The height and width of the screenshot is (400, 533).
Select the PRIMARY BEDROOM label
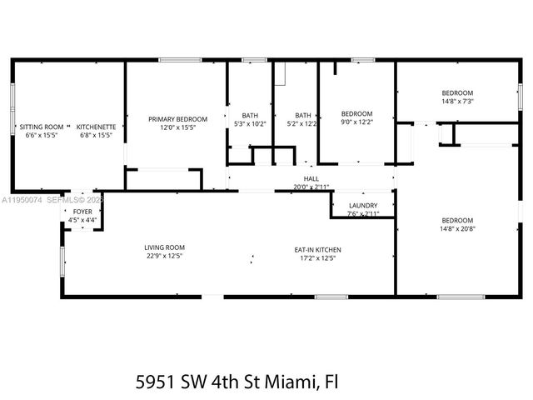pos(177,119)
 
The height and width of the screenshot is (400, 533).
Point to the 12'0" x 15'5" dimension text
pos(177,127)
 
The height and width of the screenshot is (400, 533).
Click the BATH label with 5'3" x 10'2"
pos(250,115)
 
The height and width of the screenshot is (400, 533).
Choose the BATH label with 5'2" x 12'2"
pos(303,115)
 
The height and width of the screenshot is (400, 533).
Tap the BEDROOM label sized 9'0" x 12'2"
pos(357,113)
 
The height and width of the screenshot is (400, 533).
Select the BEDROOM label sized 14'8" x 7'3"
pos(457,92)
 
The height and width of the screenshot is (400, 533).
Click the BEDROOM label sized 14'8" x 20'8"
pos(457,220)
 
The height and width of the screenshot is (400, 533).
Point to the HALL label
pos(311,178)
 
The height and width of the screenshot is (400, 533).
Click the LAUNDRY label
pos(362,205)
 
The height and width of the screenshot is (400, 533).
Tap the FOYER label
pos(82,212)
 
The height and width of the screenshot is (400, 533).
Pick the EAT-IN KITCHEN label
pos(316,250)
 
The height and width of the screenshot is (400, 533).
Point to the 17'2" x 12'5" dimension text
pos(316,258)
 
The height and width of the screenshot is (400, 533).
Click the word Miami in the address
pos(291,382)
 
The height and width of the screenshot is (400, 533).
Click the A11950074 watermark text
pos(21,201)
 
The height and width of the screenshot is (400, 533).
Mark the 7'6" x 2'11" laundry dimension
pos(362,214)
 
